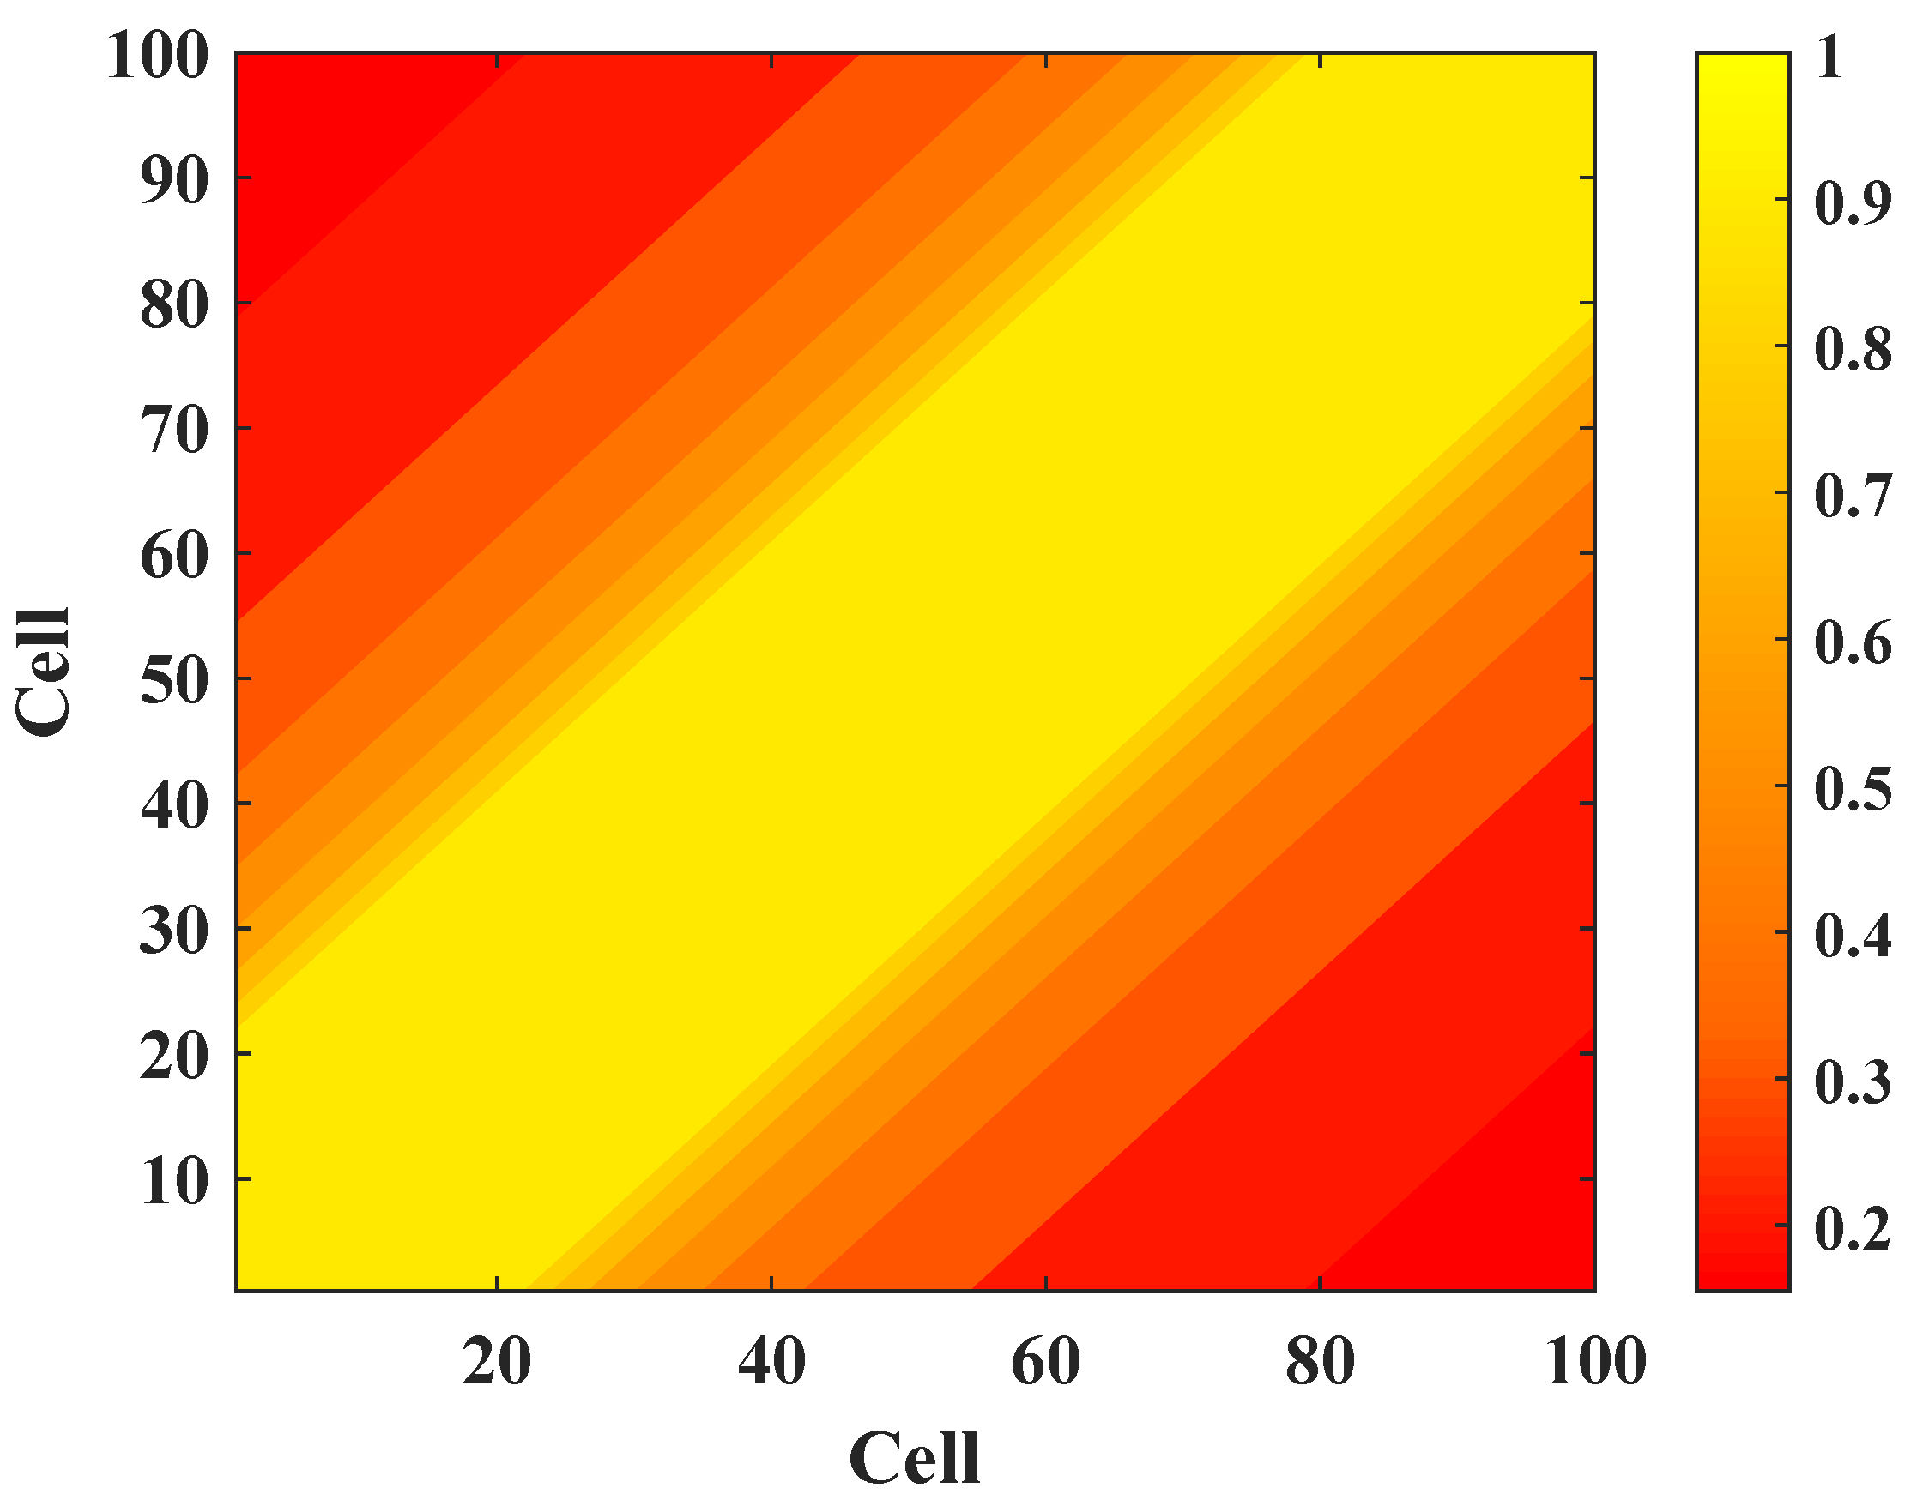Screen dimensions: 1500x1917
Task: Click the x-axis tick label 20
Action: pos(496,1363)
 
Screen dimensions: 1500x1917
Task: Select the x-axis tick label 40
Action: pos(771,1363)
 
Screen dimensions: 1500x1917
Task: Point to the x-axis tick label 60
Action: pos(1045,1363)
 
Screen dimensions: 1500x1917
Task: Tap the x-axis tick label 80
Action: pos(1320,1363)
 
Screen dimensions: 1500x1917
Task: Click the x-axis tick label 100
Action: pos(1594,1363)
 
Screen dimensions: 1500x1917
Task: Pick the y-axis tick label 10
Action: pos(175,1182)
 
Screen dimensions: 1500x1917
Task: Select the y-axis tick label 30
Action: pos(175,931)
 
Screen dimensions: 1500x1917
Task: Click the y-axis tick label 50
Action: pos(175,682)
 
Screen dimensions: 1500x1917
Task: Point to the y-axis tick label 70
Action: pos(175,431)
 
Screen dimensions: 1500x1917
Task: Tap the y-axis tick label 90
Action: pos(175,181)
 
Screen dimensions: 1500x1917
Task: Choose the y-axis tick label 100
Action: pos(158,57)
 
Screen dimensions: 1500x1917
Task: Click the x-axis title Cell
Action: pos(915,1459)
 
